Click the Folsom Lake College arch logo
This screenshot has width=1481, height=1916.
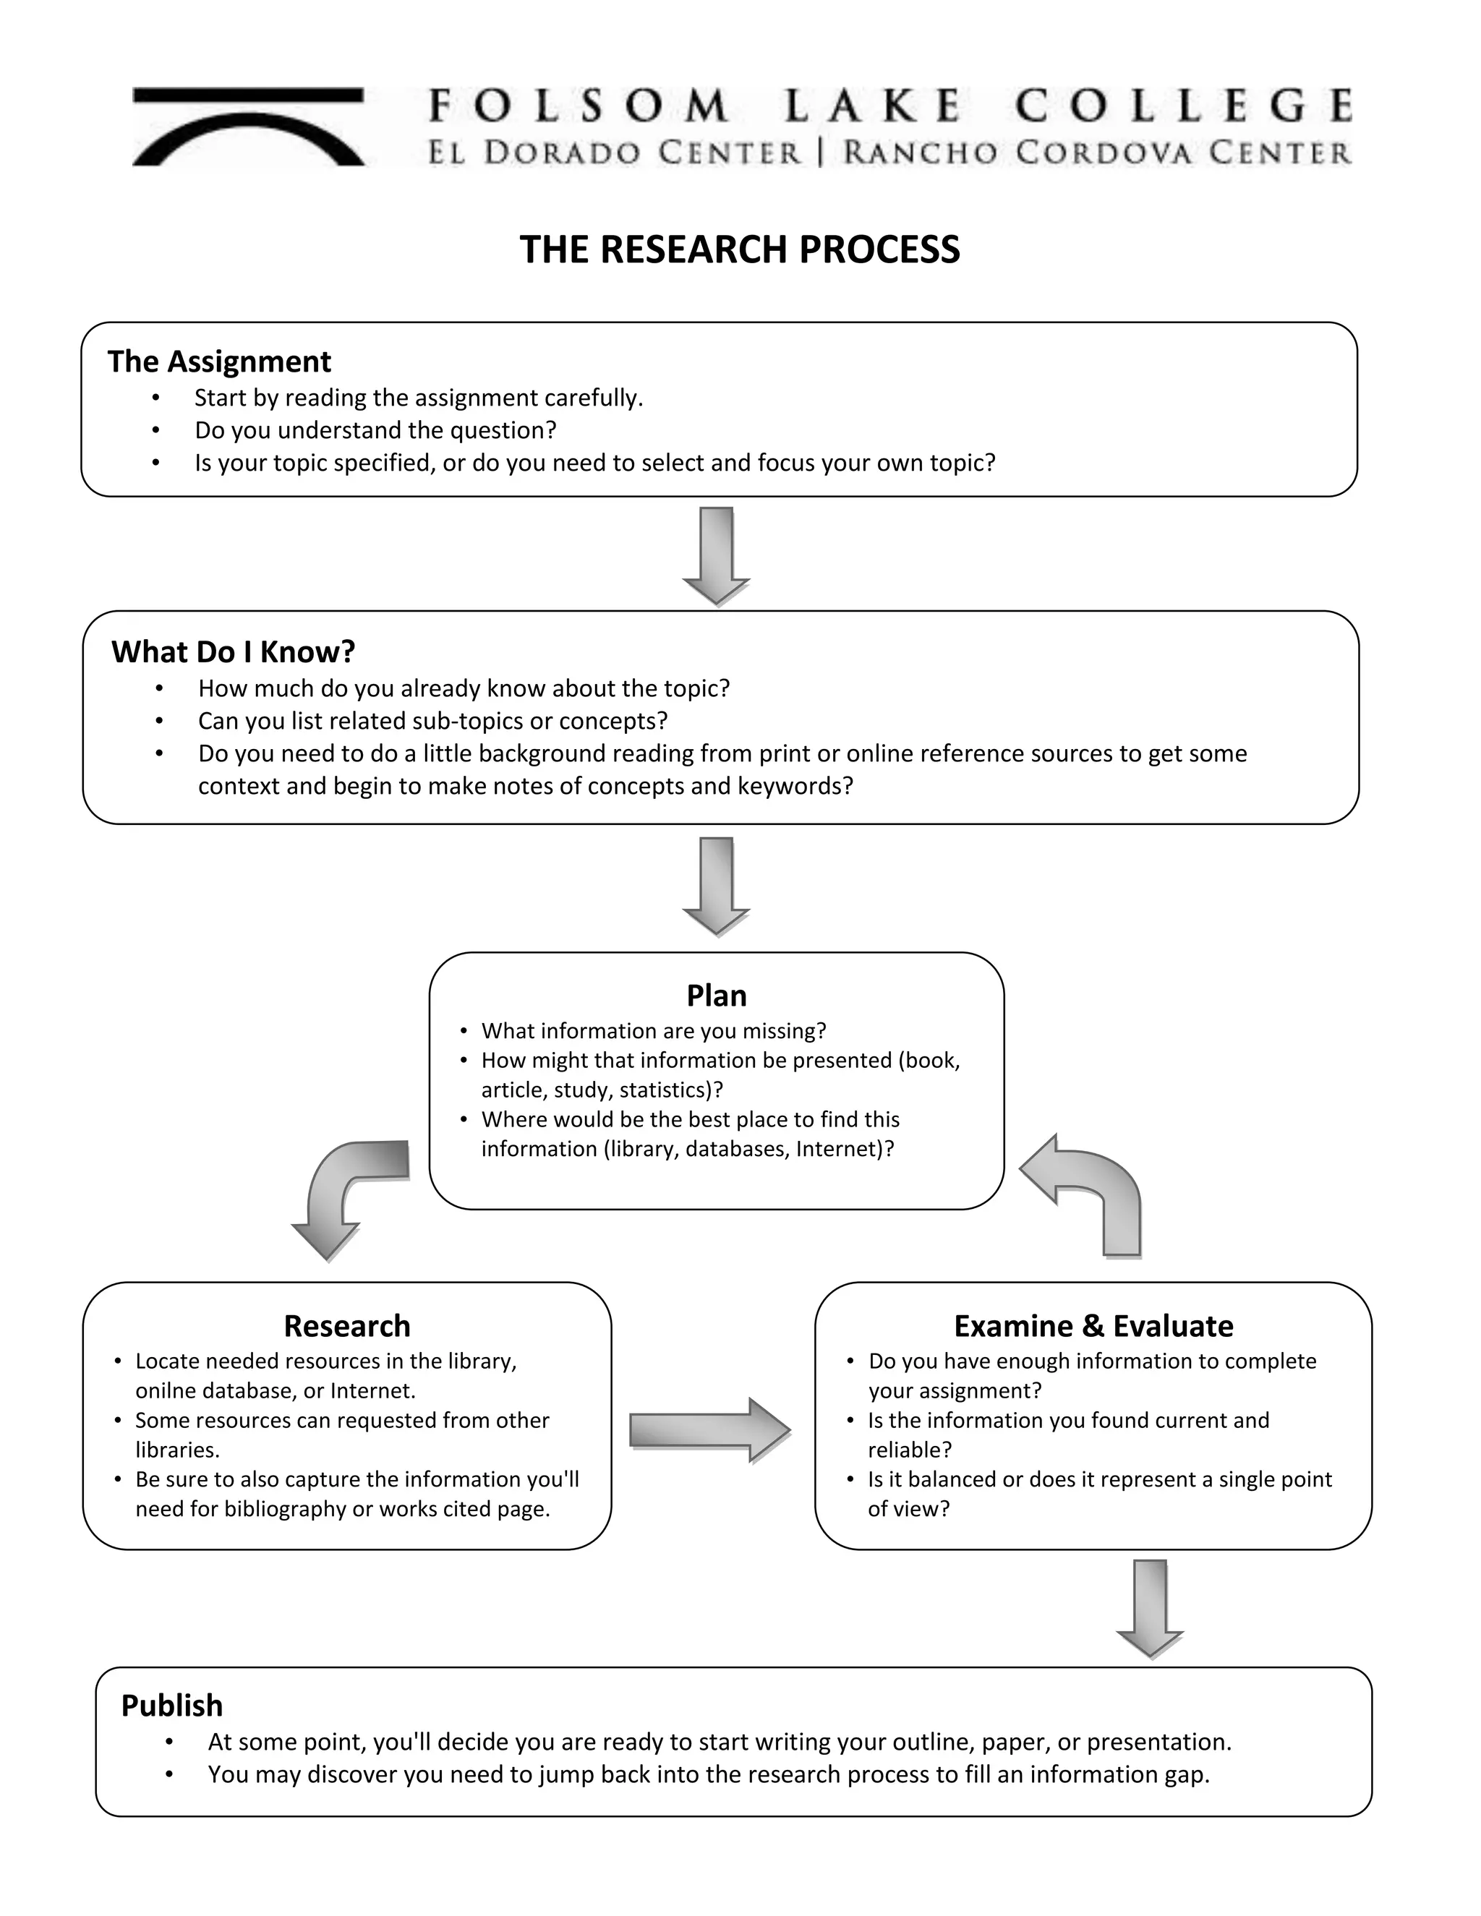(248, 127)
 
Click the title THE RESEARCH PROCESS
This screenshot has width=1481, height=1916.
(740, 250)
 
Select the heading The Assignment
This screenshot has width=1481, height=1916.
(219, 362)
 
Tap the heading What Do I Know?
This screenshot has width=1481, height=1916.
(234, 652)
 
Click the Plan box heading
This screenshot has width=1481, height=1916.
(716, 996)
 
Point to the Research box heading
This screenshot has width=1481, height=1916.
(346, 1325)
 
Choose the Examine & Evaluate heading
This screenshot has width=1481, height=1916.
(1093, 1325)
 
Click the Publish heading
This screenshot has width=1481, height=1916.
(172, 1706)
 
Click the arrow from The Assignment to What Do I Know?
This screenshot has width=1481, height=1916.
(716, 555)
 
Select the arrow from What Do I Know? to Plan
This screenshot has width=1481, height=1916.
(716, 885)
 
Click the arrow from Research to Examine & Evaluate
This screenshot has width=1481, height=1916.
(709, 1430)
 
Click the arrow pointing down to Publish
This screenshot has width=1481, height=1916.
(1149, 1607)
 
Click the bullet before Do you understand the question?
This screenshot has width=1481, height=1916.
(156, 431)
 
